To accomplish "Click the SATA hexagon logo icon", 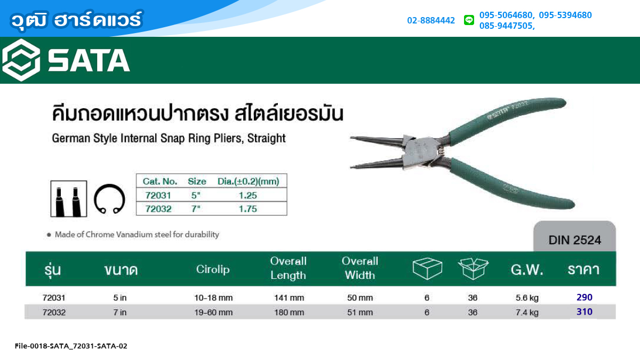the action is click(x=21, y=60).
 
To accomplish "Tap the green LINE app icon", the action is click(x=469, y=20).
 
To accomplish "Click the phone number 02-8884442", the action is click(x=431, y=20).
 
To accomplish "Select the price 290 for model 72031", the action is click(x=585, y=297).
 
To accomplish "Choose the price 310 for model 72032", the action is click(x=585, y=311).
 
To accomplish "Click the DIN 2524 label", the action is click(x=574, y=241).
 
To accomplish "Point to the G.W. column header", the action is click(x=527, y=269).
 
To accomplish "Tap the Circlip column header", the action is click(x=213, y=269).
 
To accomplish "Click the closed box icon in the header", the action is click(x=427, y=268).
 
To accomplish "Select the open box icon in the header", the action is click(x=473, y=268).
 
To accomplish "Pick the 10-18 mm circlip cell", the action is click(x=213, y=298).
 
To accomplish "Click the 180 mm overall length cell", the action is click(x=289, y=313).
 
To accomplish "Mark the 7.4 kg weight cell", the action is click(x=527, y=313).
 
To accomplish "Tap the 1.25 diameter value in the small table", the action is click(x=247, y=195).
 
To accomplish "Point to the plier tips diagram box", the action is click(x=69, y=198).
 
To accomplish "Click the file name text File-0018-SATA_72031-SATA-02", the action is click(x=71, y=346).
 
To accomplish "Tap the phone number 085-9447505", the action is click(x=506, y=26).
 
